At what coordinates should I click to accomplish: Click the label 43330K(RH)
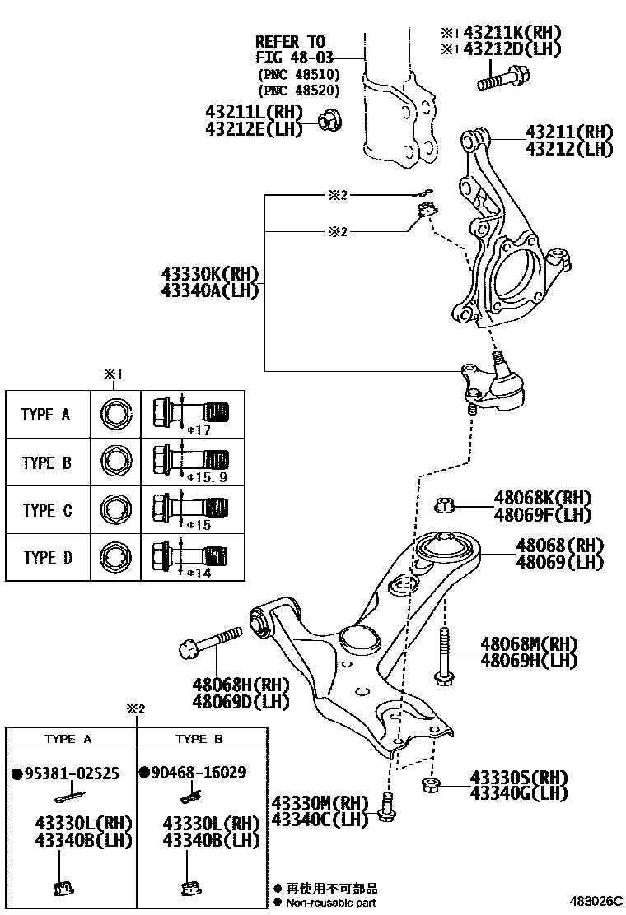[209, 274]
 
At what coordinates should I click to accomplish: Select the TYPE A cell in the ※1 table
[46, 415]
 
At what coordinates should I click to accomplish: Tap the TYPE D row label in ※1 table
[47, 559]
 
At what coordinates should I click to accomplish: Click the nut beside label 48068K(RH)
[443, 505]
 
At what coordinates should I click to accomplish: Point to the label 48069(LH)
[559, 562]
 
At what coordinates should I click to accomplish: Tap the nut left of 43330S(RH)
[428, 786]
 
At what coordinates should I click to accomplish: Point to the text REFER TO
[290, 41]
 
